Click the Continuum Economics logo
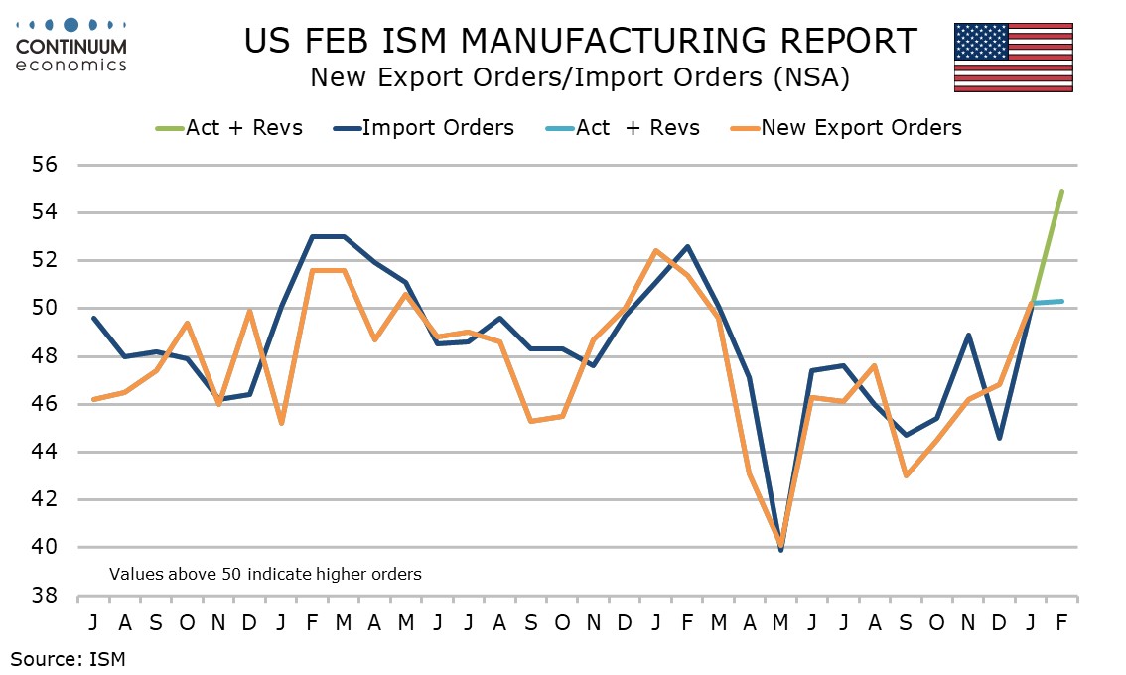click(x=71, y=45)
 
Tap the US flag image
click(x=1013, y=58)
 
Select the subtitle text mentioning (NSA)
click(x=579, y=77)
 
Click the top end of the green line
click(x=1061, y=191)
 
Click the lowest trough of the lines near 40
click(x=781, y=547)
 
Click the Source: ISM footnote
click(x=69, y=657)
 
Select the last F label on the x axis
click(x=1061, y=622)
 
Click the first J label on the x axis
click(x=92, y=622)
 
